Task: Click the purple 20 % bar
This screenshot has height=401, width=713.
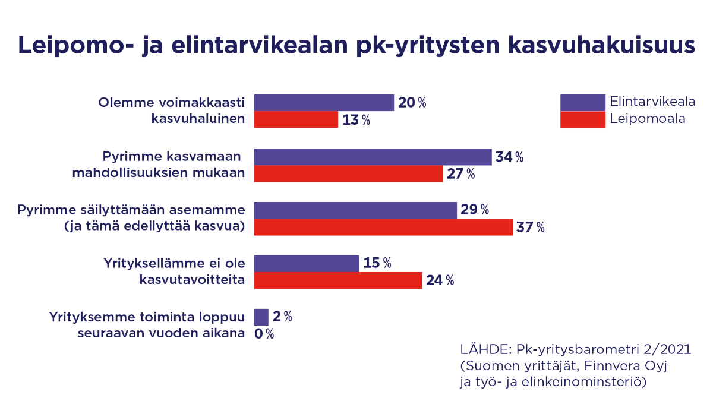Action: click(324, 103)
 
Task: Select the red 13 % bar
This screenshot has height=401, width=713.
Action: click(296, 120)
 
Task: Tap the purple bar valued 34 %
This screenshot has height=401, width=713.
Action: click(373, 157)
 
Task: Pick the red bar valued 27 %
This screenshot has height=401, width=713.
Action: click(348, 174)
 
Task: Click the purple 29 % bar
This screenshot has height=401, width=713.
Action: click(355, 210)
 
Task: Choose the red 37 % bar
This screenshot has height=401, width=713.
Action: click(383, 227)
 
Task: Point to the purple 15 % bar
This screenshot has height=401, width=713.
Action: click(307, 263)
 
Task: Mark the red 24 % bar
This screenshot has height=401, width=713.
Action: click(338, 280)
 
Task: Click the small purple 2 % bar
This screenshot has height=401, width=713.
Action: click(261, 317)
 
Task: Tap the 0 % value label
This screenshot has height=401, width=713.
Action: click(264, 334)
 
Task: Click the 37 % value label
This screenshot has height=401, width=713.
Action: click(530, 228)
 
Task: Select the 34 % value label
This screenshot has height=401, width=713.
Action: click(509, 157)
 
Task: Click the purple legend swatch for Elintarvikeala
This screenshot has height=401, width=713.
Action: click(582, 103)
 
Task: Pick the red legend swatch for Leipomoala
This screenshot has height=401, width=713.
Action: click(582, 119)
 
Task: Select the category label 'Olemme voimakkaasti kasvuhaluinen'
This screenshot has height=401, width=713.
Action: click(172, 110)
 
